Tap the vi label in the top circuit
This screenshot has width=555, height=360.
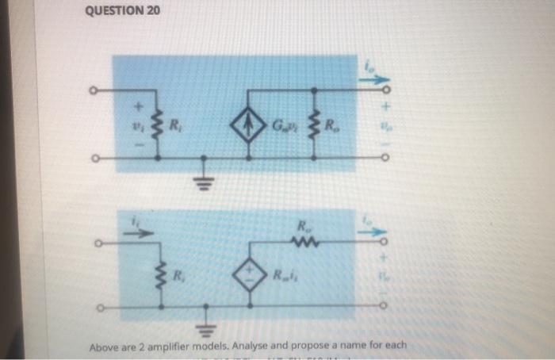coord(135,125)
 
